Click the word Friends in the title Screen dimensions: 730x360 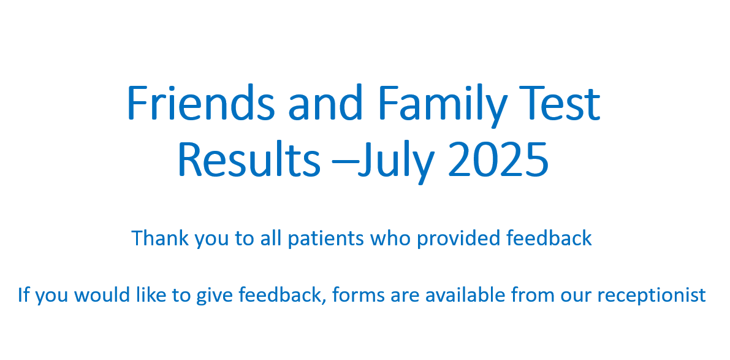coord(201,103)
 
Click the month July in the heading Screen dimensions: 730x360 coord(396,163)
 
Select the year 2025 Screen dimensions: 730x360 coord(498,159)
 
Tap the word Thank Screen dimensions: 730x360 coord(160,238)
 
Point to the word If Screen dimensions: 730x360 coord(24,294)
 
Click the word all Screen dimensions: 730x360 coord(270,238)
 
